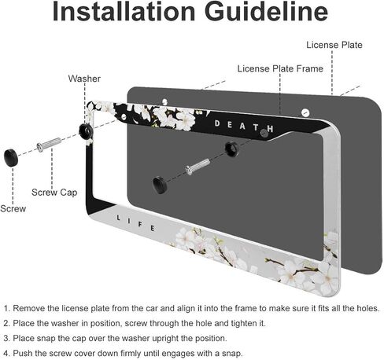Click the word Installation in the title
coord(124,12)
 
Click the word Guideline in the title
coord(266,12)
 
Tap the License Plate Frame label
coord(280,68)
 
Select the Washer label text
coord(84,79)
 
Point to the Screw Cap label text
coord(54,193)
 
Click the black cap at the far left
coord(11,157)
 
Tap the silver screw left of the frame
coord(49,145)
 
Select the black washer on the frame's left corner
coord(86,130)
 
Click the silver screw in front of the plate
coord(198,167)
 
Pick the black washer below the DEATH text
coord(231,149)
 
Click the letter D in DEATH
coord(217,123)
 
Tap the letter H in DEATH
coord(270,129)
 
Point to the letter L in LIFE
coord(119,218)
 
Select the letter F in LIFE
coord(140,225)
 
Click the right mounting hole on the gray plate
coord(305,113)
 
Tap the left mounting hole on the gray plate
coord(164,101)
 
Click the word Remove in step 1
coord(29,308)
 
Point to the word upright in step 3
coord(167,339)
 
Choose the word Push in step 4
coord(23,353)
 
